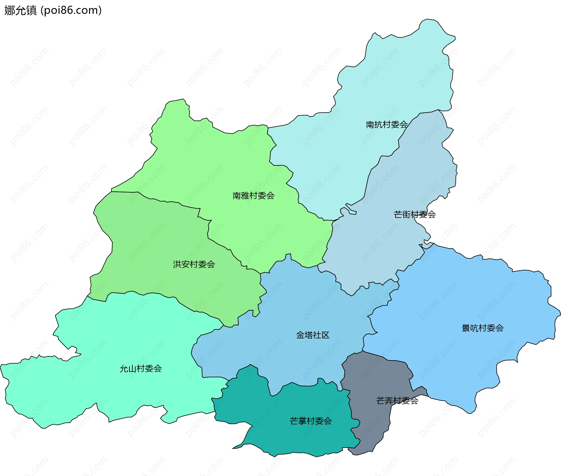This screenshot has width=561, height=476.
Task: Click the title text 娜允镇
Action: (x=20, y=10)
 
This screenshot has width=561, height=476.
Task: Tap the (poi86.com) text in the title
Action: (x=71, y=10)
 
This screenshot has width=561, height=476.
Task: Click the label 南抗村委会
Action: (x=387, y=125)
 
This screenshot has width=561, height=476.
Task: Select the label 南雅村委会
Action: (x=253, y=196)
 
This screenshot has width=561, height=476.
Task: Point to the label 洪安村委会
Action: (x=194, y=264)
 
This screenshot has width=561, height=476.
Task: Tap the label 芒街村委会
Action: (x=415, y=215)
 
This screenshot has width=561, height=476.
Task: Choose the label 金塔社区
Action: (x=313, y=335)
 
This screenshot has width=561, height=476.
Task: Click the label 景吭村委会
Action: (x=482, y=328)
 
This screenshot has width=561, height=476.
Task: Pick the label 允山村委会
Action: (x=141, y=369)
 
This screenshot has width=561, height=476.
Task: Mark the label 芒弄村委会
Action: (x=397, y=401)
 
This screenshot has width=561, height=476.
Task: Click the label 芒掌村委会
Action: (x=311, y=421)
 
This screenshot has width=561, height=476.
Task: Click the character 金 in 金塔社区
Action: (x=300, y=335)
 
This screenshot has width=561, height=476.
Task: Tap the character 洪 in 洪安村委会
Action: (x=177, y=264)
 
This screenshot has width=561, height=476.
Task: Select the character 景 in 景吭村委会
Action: (x=466, y=328)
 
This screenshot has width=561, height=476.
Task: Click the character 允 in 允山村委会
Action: (x=124, y=369)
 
